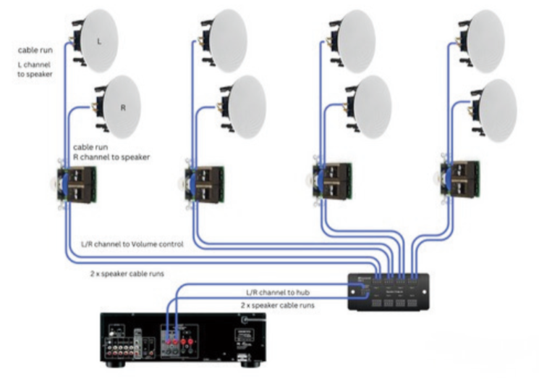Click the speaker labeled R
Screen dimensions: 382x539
tap(121, 107)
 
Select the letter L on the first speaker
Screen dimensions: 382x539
tap(99, 41)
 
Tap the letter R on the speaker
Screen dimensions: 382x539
tap(123, 108)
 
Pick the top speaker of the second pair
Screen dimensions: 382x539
tap(225, 41)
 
